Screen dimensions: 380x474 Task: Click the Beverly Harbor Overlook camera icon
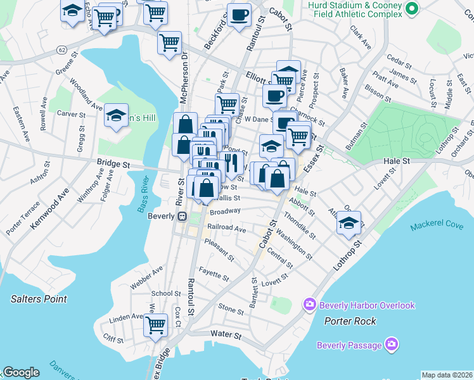pyautogui.click(x=310, y=305)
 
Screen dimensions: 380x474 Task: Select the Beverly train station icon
pyautogui.click(x=182, y=216)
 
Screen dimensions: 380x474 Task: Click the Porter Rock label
pyautogui.click(x=350, y=321)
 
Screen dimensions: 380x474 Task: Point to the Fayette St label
pyautogui.click(x=214, y=274)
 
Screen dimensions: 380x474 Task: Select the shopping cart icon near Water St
pyautogui.click(x=155, y=326)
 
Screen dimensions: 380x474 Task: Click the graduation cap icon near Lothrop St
pyautogui.click(x=349, y=223)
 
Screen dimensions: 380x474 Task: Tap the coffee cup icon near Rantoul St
pyautogui.click(x=239, y=15)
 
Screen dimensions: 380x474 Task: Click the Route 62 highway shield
pyautogui.click(x=61, y=49)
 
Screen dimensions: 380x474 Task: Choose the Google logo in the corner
pyautogui.click(x=21, y=372)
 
